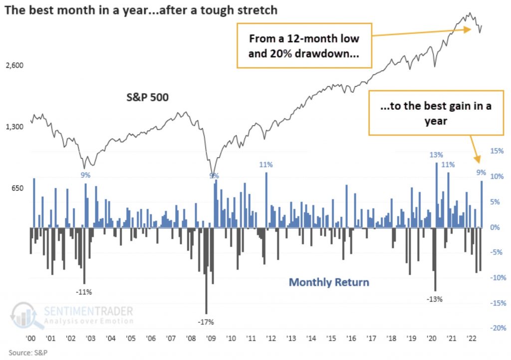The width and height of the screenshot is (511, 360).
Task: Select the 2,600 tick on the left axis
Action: [14, 65]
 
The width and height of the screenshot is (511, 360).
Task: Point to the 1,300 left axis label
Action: [14, 127]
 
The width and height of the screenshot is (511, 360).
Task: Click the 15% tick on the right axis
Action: [497, 151]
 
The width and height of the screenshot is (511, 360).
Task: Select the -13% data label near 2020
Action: [434, 299]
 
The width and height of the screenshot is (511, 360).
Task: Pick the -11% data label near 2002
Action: [83, 292]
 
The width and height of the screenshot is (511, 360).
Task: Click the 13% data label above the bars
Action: [436, 155]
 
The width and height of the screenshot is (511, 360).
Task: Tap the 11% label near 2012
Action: [265, 164]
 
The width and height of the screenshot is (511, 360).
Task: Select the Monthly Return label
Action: [329, 282]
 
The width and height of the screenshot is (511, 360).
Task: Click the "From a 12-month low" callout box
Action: [304, 45]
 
